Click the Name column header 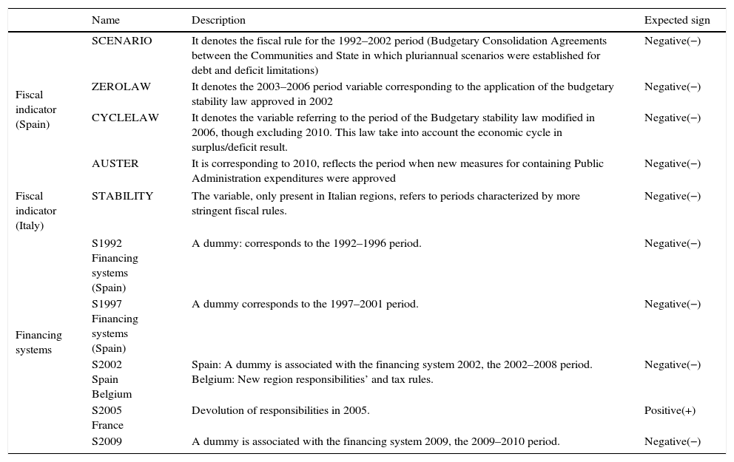105,21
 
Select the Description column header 218,21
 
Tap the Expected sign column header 676,21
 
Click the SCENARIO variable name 121,41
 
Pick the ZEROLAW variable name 121,87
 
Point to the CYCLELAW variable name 125,118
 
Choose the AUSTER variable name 115,164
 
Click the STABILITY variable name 122,197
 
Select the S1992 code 107,244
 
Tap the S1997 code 107,305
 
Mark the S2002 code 107,365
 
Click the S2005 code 107,411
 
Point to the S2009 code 107,442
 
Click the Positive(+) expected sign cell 670,411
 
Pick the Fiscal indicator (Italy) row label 36,211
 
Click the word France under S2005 107,426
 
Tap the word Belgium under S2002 111,395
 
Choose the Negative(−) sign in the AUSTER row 672,164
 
